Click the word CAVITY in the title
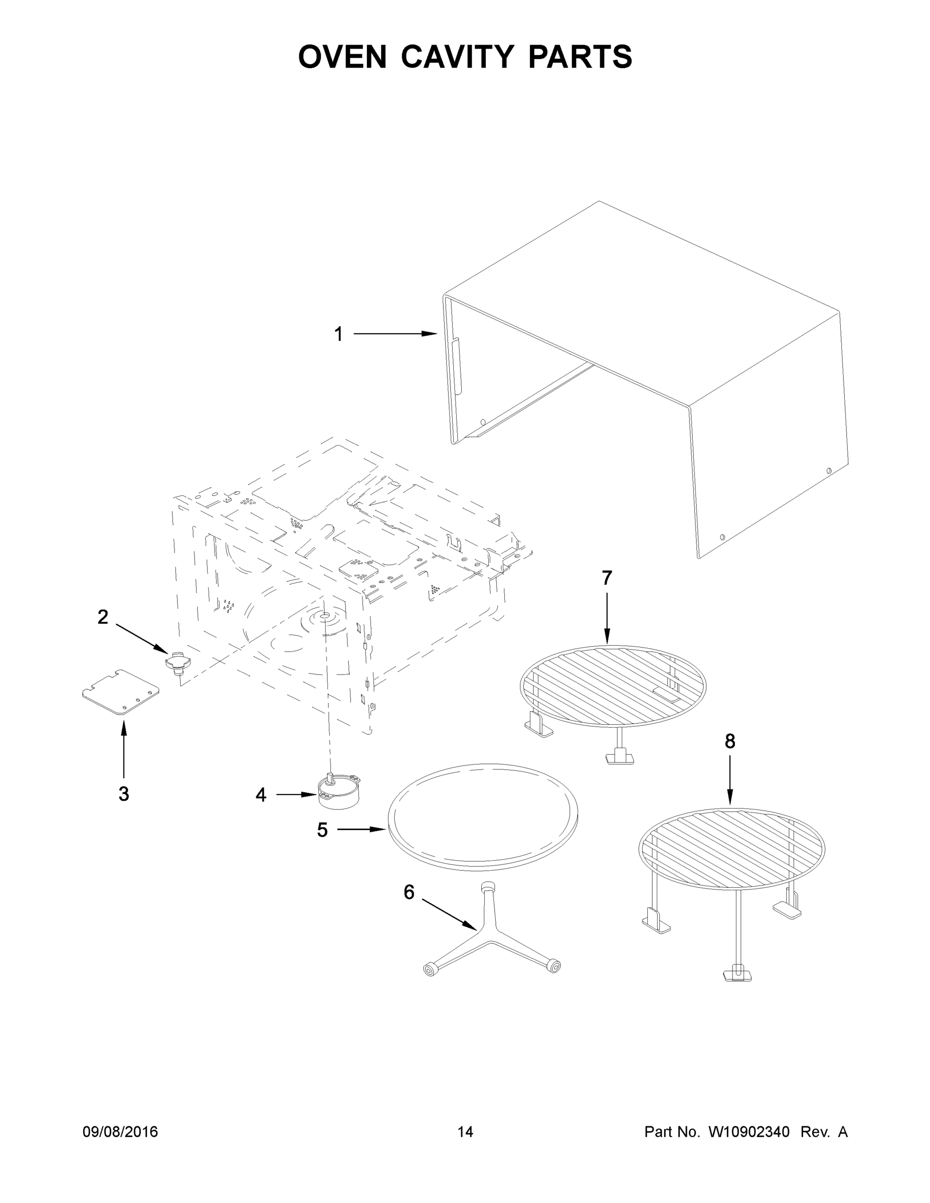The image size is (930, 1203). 457,57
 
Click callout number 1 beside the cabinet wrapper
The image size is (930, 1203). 338,334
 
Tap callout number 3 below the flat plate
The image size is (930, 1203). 123,794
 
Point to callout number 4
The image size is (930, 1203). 261,795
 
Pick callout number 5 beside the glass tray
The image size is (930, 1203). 322,830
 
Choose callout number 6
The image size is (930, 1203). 408,892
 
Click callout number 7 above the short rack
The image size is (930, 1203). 607,578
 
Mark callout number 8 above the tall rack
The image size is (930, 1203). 729,741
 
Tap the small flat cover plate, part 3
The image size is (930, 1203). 120,692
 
